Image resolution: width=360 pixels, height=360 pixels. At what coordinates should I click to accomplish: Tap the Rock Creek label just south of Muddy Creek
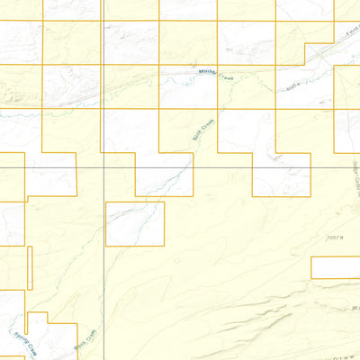202,134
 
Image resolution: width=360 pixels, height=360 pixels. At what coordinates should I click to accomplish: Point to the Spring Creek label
24,342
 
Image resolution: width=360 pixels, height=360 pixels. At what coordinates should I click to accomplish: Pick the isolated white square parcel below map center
135,223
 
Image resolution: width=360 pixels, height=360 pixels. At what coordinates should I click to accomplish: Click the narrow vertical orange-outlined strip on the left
30,267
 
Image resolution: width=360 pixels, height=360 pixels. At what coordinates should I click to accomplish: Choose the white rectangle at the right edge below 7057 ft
336,267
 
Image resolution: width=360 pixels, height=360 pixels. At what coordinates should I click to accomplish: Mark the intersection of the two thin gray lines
104,167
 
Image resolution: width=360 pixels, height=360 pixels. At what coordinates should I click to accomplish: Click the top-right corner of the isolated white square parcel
165,202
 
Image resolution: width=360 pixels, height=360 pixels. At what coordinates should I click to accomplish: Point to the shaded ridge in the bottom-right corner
297,324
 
